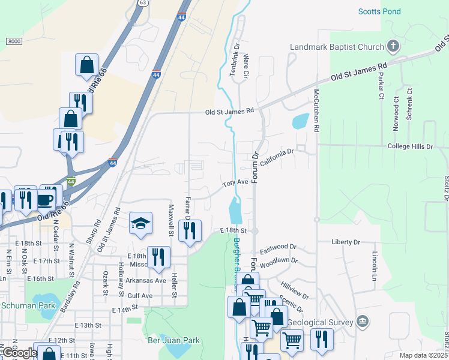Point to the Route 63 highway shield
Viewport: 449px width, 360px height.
pyautogui.click(x=142, y=3)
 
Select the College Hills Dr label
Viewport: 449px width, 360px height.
pyautogui.click(x=410, y=146)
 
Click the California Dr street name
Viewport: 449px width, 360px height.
pyautogui.click(x=276, y=155)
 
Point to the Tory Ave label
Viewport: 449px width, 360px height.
pyautogui.click(x=235, y=182)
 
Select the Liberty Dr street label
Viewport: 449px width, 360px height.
pyautogui.click(x=346, y=242)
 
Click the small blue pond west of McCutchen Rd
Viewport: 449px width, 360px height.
pyautogui.click(x=300, y=122)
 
